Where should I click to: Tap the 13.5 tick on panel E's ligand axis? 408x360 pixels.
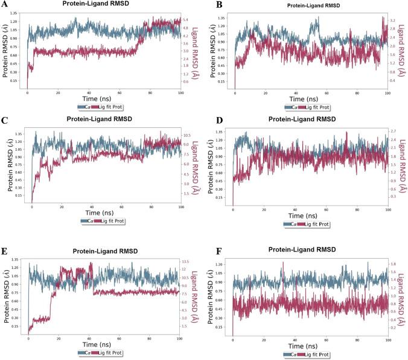coord(189,261)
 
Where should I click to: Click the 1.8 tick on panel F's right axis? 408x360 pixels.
coord(393,264)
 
